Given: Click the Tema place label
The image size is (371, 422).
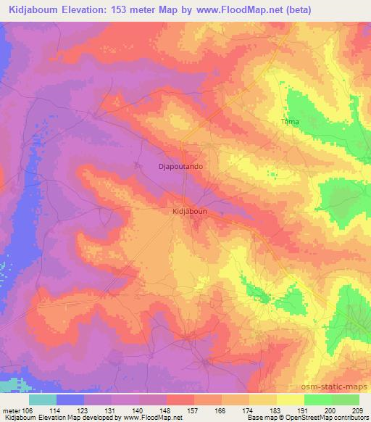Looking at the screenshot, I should pos(290,122).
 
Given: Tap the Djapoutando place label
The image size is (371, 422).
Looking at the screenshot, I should pos(180,166).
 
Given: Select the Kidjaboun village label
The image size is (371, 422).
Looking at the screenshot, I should pos(190,211).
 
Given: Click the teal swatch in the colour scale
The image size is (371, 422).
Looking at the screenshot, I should pos(43,399).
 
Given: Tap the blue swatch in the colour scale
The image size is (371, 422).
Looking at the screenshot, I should pos(70,399).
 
